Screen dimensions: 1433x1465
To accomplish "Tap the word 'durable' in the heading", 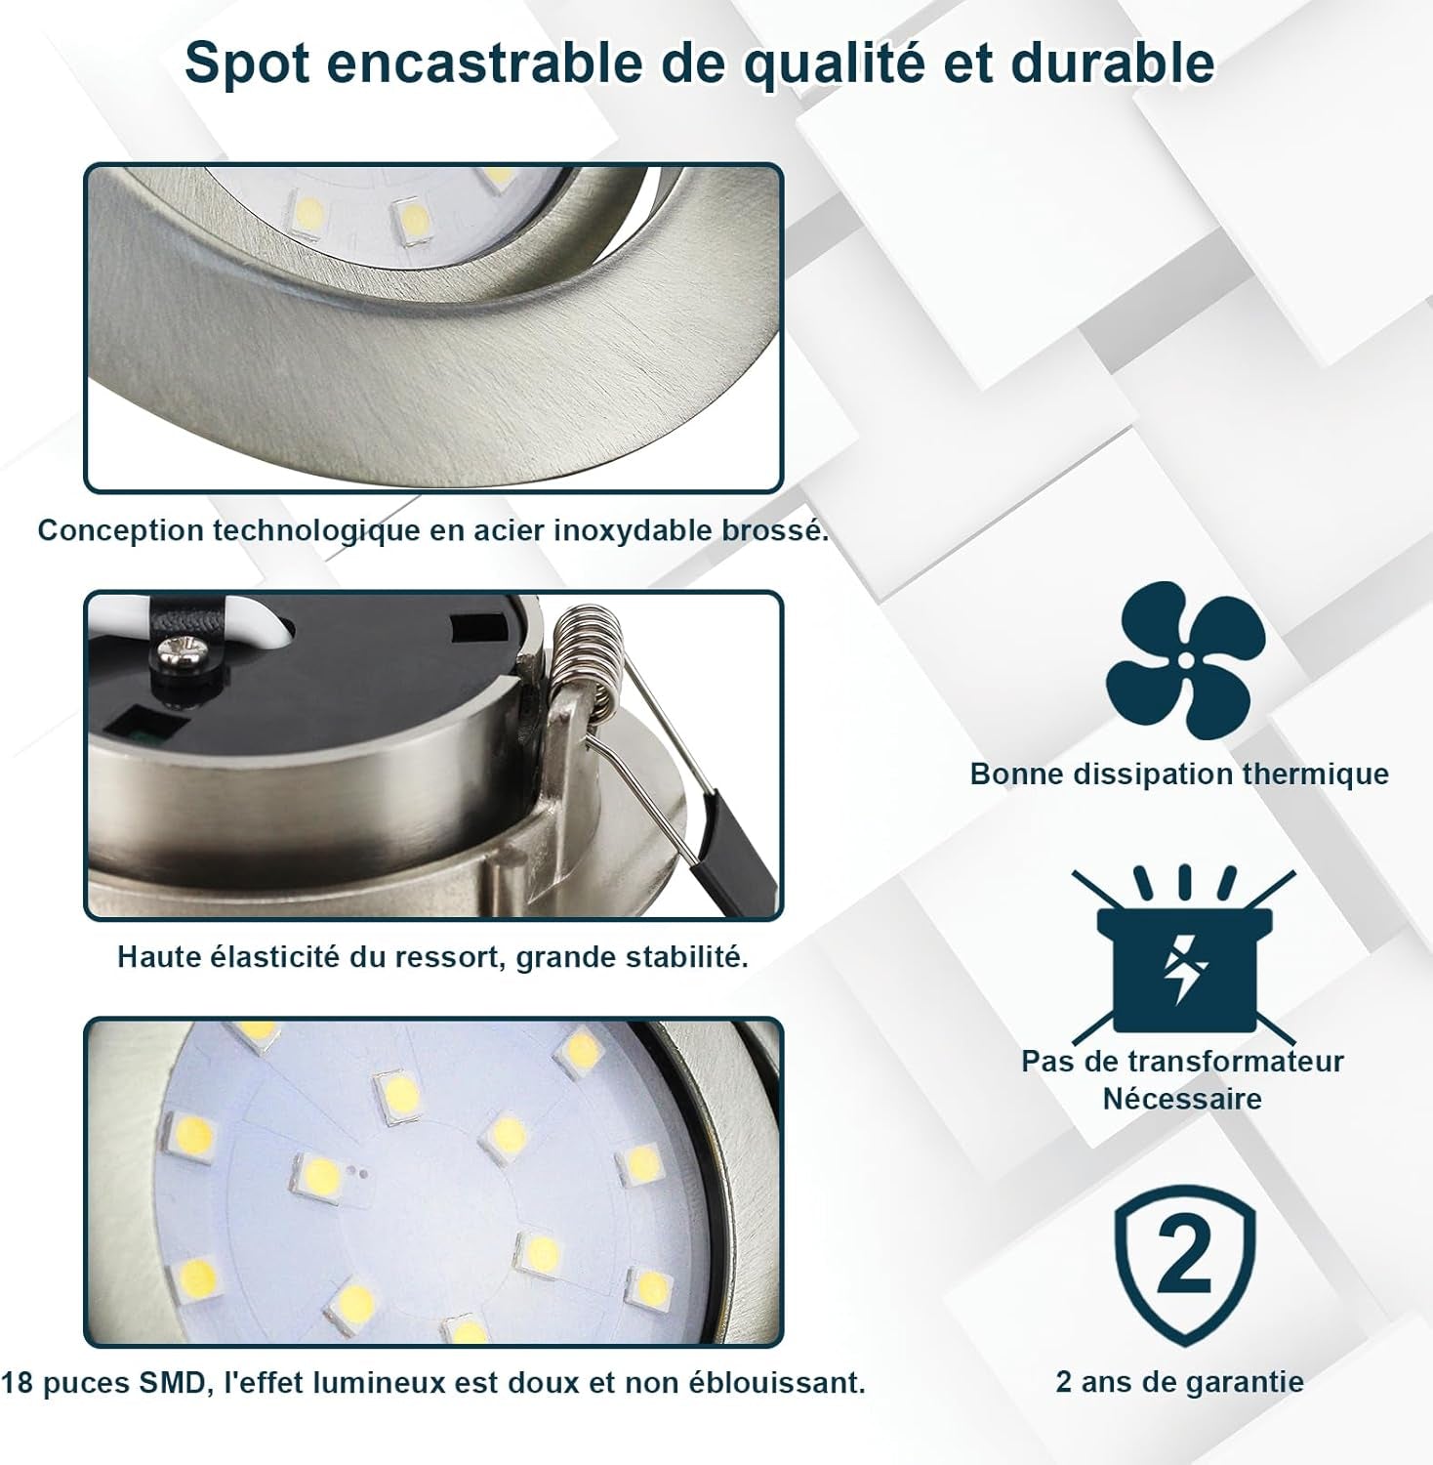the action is [x=1113, y=63].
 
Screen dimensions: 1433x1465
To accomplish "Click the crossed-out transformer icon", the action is [x=1184, y=950].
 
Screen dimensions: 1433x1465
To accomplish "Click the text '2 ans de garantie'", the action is [x=1180, y=1382].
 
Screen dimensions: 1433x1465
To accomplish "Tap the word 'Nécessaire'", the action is [x=1182, y=1099].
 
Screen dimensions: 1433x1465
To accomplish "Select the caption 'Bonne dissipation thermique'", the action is [x=1179, y=774].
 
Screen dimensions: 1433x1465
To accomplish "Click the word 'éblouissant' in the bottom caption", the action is [x=772, y=1383].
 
